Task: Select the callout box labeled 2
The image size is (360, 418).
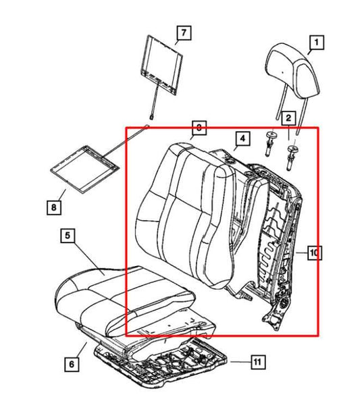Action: pos(288,119)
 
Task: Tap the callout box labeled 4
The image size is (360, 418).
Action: pos(241,140)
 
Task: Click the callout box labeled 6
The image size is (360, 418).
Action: pos(72,364)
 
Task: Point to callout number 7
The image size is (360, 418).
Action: pos(183,32)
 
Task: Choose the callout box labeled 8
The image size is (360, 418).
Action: pos(54,208)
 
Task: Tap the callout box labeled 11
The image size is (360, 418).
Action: pos(256,363)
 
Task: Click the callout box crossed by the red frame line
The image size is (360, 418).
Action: pos(199,126)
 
